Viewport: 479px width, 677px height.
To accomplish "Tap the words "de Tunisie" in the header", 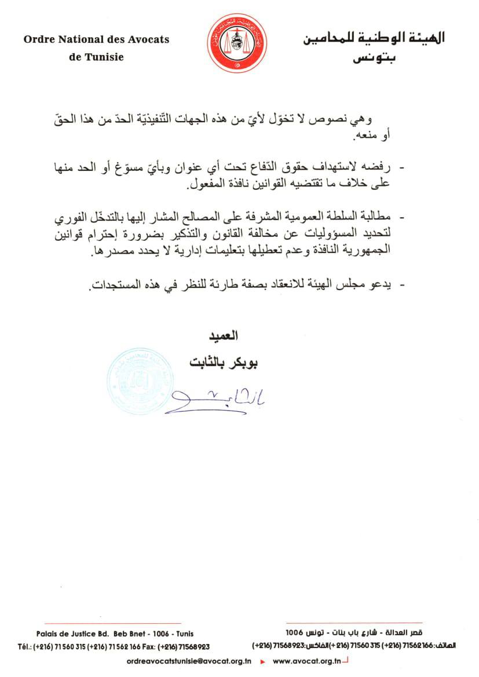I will [96, 57].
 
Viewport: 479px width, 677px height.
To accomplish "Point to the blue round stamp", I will [137, 380].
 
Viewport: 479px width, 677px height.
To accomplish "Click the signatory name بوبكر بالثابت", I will [224, 363].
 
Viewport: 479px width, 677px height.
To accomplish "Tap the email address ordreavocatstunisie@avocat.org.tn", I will [188, 661].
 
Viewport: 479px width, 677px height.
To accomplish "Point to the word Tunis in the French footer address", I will [184, 634].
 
